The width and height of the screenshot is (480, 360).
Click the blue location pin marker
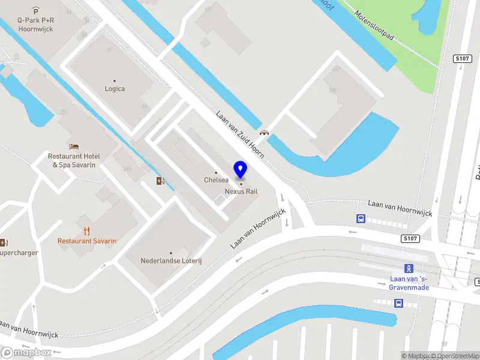click(x=241, y=170)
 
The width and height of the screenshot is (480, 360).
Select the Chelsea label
click(x=216, y=180)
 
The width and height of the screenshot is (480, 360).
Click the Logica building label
click(x=115, y=89)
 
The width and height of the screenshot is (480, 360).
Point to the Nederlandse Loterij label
click(x=170, y=261)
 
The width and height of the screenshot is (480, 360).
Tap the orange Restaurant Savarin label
click(x=87, y=241)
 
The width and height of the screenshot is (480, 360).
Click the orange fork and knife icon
click(x=87, y=230)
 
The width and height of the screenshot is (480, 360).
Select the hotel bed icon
click(x=74, y=146)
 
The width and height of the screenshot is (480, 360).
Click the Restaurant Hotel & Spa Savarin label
click(x=74, y=160)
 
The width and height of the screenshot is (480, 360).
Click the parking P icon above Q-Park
click(x=35, y=10)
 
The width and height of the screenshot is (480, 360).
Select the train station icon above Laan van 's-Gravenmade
click(x=409, y=268)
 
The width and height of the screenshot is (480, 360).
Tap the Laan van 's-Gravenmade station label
click(x=409, y=283)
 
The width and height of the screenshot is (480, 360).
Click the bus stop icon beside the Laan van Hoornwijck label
click(x=361, y=219)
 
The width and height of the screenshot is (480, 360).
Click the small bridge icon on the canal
click(x=263, y=133)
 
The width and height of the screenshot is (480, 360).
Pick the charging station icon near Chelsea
click(x=160, y=181)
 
